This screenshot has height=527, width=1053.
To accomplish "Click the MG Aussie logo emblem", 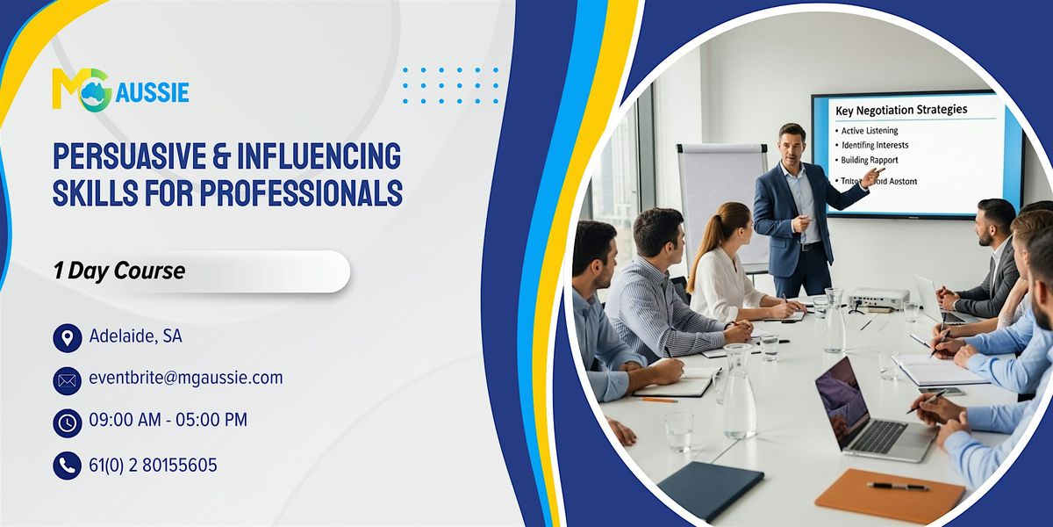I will tap(80, 89).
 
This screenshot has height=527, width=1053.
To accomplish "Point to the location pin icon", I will tap(67, 337).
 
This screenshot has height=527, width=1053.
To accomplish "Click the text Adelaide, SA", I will tap(135, 336).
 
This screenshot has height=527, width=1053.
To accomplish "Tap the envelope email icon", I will tap(67, 379).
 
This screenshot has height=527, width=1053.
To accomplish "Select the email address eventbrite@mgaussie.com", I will tap(185, 379).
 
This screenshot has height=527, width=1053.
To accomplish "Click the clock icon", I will tap(67, 422).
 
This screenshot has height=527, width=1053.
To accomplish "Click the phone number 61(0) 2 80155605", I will tap(153, 465).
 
